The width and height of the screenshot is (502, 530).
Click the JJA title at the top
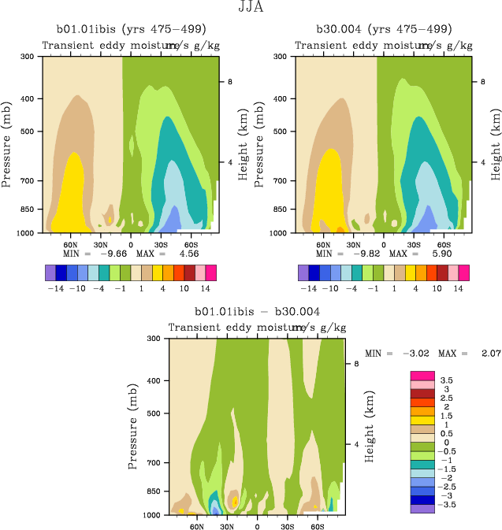tap(251, 8)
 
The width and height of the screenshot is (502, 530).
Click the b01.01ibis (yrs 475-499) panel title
tap(126, 29)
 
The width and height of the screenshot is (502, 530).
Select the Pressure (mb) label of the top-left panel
tap(7, 144)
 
